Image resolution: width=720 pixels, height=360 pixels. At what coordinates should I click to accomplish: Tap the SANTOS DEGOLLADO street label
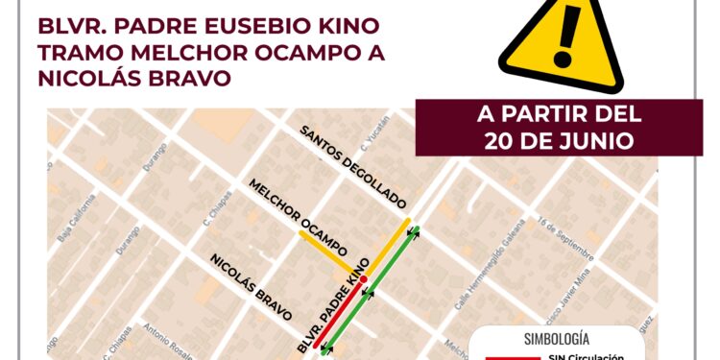(x=352, y=168)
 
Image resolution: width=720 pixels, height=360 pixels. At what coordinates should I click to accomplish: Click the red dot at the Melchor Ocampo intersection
(x=363, y=279)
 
